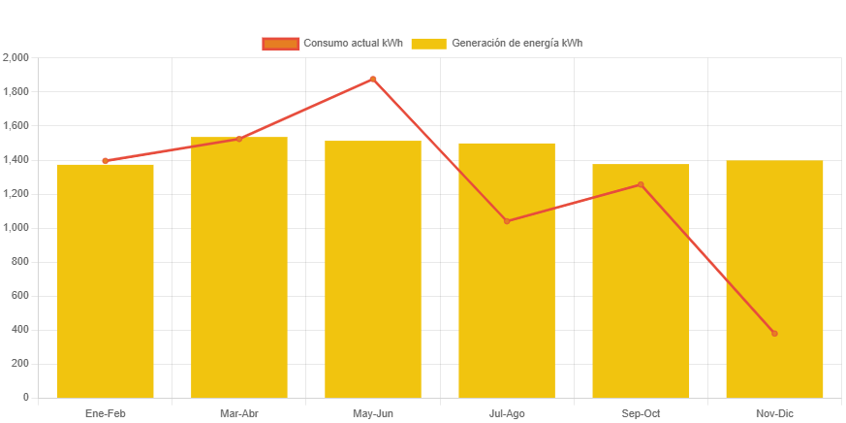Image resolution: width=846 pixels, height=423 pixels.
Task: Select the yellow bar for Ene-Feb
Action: pos(105,281)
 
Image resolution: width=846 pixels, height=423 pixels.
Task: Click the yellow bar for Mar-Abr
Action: pos(238,268)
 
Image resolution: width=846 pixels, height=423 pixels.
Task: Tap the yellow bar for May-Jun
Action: pos(373,270)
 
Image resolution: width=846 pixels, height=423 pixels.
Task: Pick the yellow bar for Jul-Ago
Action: pos(507,271)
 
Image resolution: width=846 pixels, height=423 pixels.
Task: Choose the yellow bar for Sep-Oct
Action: pos(641,281)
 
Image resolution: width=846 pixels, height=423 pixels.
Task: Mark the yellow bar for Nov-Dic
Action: pos(774,279)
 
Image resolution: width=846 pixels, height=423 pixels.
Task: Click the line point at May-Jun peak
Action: pos(373,80)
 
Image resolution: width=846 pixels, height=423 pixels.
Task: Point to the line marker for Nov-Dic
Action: pos(774,334)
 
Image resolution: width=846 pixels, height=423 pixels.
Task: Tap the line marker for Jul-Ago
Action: pos(507,221)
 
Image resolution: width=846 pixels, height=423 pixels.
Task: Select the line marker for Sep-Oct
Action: pos(641,184)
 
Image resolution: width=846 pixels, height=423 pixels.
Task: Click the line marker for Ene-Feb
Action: pos(105,161)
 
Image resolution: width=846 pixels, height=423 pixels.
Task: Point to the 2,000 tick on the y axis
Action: pos(16,58)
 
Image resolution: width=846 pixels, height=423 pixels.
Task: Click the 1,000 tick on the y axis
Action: pos(16,228)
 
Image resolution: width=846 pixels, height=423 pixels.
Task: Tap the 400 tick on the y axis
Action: pos(20,330)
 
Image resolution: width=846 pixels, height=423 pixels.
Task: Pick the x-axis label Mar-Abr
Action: pos(238,414)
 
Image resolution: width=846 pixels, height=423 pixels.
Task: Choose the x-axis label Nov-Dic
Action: pos(774,414)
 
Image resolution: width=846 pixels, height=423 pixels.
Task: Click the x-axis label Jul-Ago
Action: pos(507,414)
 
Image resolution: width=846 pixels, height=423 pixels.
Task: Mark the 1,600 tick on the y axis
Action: pos(16,126)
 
